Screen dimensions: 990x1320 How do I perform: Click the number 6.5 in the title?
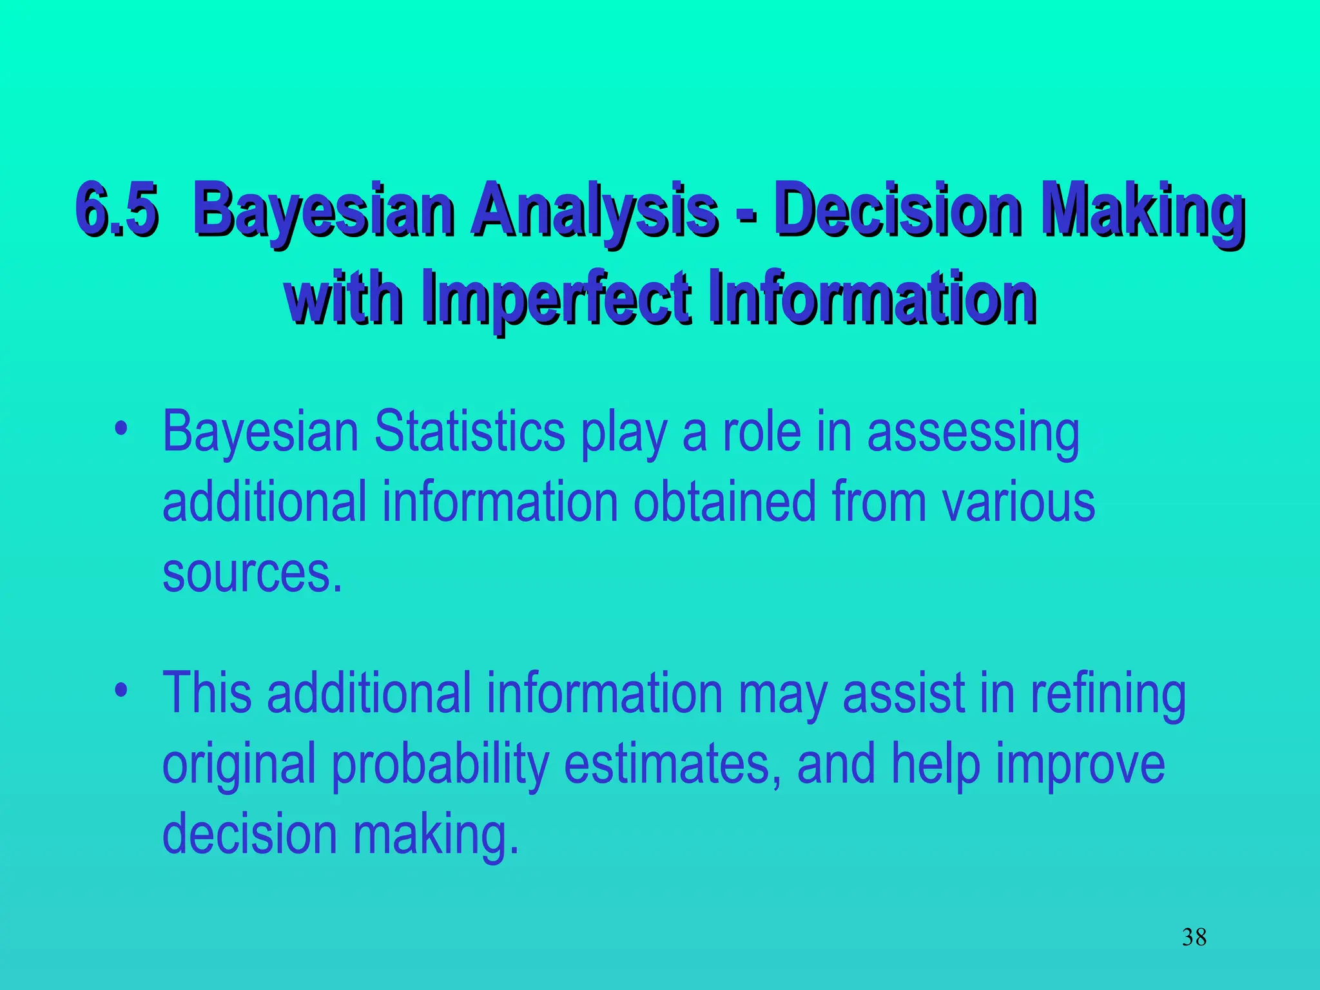[x=117, y=209]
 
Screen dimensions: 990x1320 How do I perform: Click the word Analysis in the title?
[x=593, y=209]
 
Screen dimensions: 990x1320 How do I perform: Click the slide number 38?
[x=1194, y=937]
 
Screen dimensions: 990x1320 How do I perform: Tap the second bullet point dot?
[x=120, y=690]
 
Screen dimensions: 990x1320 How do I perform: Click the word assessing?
[x=973, y=433]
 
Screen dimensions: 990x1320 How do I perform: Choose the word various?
[x=1019, y=502]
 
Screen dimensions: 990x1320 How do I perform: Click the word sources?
[x=251, y=574]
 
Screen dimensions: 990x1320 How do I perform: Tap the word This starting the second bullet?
[x=206, y=692]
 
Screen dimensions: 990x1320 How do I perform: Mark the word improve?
[x=1080, y=764]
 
